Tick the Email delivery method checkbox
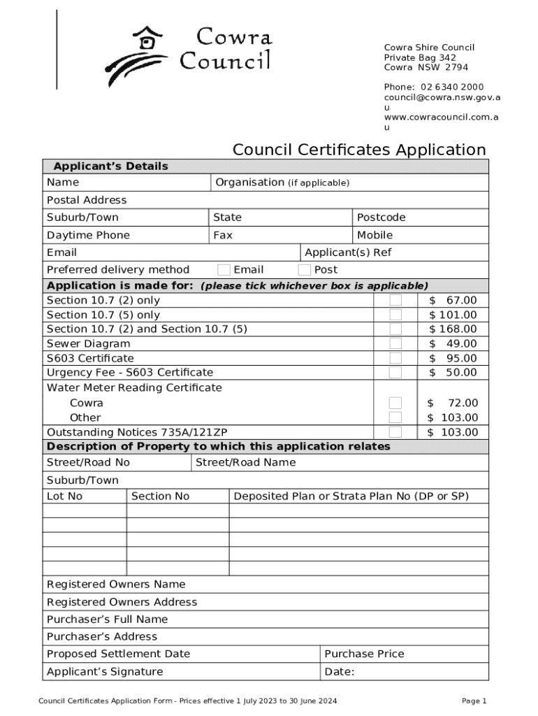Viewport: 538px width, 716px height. tap(224, 270)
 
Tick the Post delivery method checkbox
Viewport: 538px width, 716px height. tap(305, 270)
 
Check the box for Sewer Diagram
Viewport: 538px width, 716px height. tap(395, 343)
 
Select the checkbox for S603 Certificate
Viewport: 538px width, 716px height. tap(395, 358)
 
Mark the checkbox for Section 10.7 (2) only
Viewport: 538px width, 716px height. tap(395, 300)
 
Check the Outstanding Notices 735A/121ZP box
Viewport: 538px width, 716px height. tap(395, 432)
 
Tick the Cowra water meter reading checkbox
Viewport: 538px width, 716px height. tap(395, 403)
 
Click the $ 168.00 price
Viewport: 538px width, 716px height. tap(453, 329)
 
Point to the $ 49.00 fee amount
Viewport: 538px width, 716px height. tap(453, 343)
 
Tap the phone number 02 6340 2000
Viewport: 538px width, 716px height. tap(452, 87)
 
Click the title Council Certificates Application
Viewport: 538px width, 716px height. tap(359, 150)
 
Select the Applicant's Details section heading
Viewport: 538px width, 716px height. tap(111, 166)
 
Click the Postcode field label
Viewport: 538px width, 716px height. tap(381, 217)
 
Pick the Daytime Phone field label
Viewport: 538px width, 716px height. tap(88, 235)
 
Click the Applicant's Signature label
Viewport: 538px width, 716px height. tap(105, 672)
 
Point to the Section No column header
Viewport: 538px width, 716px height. tap(161, 496)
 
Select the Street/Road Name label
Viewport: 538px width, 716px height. tap(246, 462)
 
